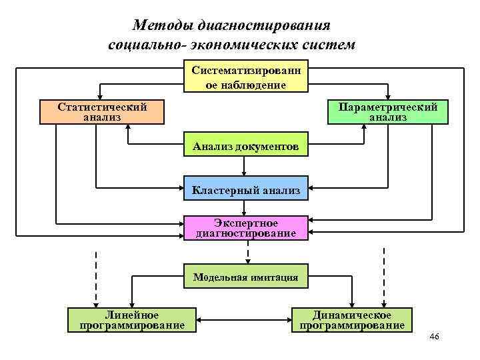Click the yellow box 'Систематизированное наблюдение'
click(x=246, y=77)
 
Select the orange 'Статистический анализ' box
click(x=102, y=112)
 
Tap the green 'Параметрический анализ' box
click(x=388, y=111)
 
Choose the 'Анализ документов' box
click(x=246, y=146)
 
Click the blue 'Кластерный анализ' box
click(x=246, y=191)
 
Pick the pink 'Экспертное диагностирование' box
click(x=246, y=228)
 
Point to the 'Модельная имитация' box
click(x=246, y=277)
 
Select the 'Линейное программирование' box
click(x=132, y=320)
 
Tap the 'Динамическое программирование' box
click(x=352, y=320)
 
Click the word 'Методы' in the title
click(x=161, y=26)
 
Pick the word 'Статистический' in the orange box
click(x=102, y=107)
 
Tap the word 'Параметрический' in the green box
click(x=388, y=107)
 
